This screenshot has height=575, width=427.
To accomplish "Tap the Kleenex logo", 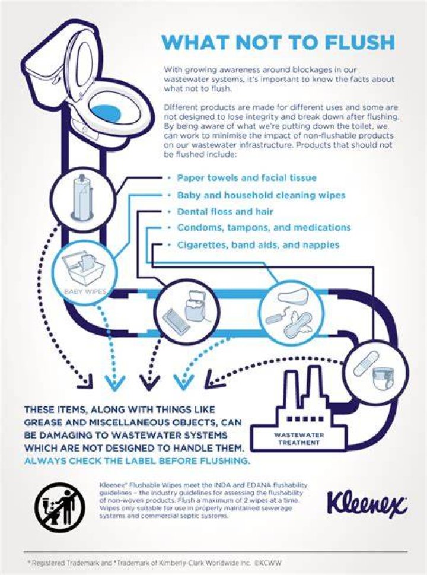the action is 367,503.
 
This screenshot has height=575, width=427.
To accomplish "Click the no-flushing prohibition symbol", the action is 60,507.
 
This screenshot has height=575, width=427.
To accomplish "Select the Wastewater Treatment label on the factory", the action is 299,439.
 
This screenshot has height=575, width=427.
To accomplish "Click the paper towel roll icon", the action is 81,198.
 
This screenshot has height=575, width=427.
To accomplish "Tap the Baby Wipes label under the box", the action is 85,292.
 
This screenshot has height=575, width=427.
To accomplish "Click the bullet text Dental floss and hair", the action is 225,212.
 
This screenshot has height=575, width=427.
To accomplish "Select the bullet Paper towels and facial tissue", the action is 247,178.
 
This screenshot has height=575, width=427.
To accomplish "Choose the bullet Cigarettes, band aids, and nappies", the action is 259,244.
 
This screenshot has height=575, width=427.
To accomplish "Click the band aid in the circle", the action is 365,363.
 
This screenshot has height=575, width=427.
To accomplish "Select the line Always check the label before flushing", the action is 138,461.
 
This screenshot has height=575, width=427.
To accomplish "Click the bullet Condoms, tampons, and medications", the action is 264,228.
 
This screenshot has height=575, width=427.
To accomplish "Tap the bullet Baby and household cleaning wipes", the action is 262,195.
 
